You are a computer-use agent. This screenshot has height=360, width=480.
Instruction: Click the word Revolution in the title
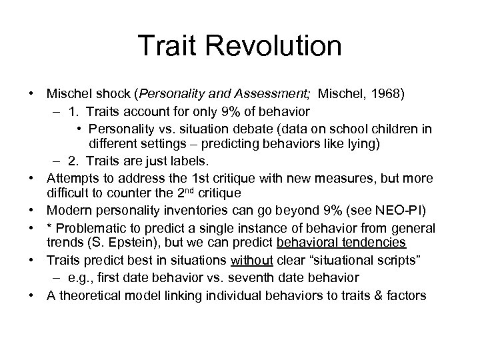277,46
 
